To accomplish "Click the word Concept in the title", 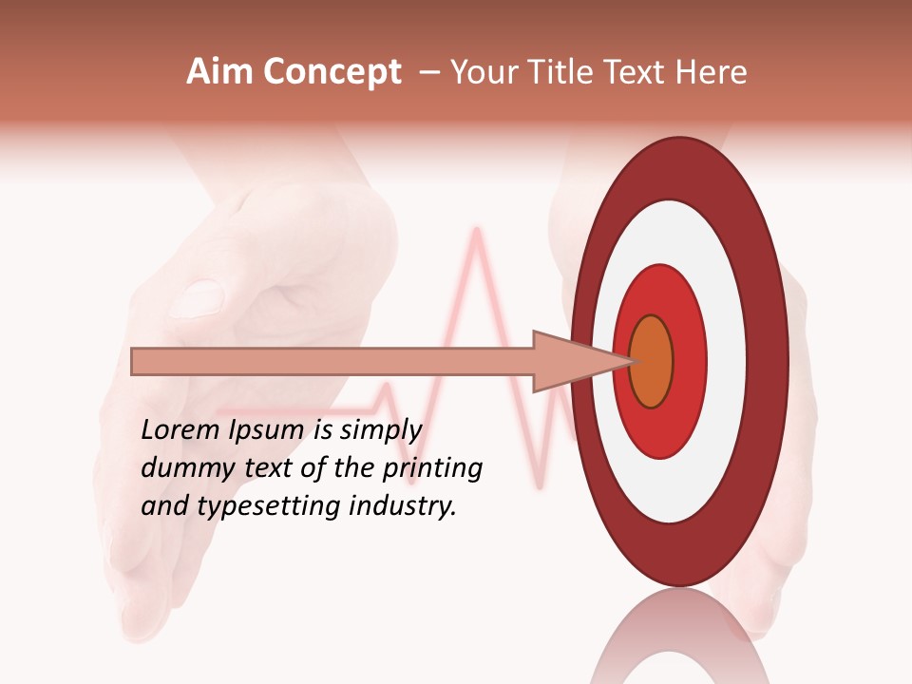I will pos(332,73).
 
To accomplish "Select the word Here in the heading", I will pos(712,73).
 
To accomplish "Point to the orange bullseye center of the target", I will pos(651,361).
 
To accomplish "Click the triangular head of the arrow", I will pos(570,361).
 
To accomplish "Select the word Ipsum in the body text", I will pos(267,431).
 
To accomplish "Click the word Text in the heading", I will pos(633,73).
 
